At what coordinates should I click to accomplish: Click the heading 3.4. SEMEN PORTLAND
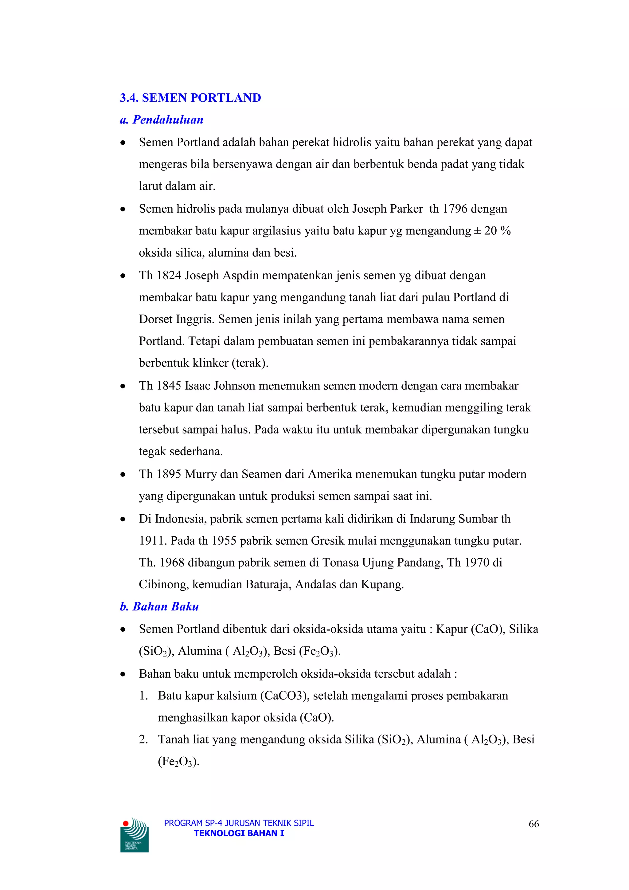(x=190, y=98)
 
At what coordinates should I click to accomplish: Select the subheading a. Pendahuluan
(x=162, y=120)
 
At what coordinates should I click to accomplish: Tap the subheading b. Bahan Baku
(x=159, y=607)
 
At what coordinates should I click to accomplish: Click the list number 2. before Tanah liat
(x=143, y=739)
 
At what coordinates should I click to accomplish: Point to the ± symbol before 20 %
(x=478, y=231)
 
